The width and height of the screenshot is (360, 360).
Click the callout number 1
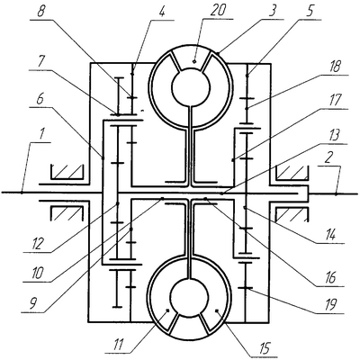tap(42, 134)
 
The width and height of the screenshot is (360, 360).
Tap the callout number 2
tap(328, 157)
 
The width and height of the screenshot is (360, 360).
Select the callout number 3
tap(272, 11)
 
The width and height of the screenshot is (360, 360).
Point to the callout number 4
tap(162, 12)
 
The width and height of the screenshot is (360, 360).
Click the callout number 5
tap(310, 11)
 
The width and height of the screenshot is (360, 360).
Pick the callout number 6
tap(40, 100)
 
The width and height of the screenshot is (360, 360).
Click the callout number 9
tap(32, 304)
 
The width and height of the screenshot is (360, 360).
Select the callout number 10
tap(36, 273)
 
